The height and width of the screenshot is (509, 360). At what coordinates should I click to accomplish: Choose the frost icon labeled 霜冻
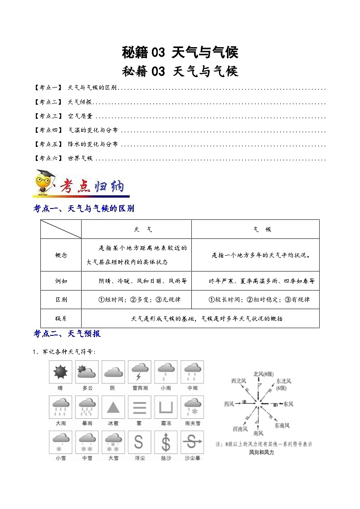pos(165,407)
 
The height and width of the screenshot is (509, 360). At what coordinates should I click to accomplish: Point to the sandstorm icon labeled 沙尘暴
pos(192,442)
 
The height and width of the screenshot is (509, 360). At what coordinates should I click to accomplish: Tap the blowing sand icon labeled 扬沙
pos(165,442)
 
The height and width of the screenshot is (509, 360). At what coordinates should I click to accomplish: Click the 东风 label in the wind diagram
pos(288,403)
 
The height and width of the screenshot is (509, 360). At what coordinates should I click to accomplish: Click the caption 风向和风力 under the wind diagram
pos(262,452)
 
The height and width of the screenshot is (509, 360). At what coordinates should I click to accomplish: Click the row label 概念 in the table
pos(61,255)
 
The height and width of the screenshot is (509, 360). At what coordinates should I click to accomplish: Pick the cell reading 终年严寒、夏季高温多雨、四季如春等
pos(262,281)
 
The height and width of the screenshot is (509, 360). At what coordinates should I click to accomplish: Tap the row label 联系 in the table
pos(61,319)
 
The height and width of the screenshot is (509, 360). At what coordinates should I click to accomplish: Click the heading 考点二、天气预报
pos(67,334)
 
